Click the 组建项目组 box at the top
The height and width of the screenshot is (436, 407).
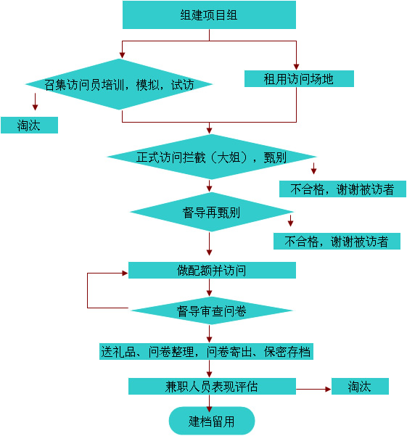click(x=209, y=15)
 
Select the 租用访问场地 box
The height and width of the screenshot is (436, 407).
click(x=299, y=78)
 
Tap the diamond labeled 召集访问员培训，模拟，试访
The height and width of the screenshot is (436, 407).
click(x=119, y=84)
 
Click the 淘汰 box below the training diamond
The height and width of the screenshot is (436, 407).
click(x=29, y=125)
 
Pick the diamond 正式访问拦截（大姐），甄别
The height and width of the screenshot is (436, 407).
click(x=211, y=157)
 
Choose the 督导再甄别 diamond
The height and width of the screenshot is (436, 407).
click(x=211, y=212)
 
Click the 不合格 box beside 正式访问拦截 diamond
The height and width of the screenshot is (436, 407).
click(x=342, y=189)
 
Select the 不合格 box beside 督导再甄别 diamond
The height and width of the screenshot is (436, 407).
click(x=337, y=241)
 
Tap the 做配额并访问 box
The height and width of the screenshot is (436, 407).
click(x=212, y=270)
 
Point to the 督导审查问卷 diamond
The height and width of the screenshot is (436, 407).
click(x=211, y=310)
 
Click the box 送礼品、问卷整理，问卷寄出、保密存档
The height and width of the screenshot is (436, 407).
click(x=206, y=351)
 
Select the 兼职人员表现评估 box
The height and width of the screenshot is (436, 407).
click(x=212, y=386)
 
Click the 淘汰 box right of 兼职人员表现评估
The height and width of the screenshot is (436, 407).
click(x=360, y=386)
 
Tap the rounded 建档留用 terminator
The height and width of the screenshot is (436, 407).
click(x=212, y=421)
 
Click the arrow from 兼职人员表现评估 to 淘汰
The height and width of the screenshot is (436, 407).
click(x=313, y=389)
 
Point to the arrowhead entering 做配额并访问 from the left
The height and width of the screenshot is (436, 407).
click(x=125, y=273)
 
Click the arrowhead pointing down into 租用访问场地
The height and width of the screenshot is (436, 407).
click(x=296, y=67)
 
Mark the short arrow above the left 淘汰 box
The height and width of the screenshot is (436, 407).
click(x=35, y=102)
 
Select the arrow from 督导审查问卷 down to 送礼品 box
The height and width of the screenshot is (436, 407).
click(x=210, y=334)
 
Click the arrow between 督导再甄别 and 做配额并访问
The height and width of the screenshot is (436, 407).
click(x=210, y=244)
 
